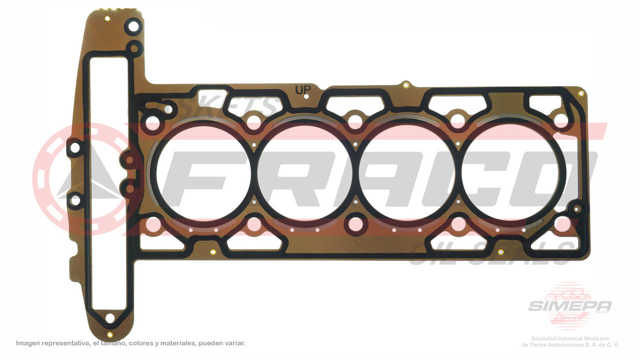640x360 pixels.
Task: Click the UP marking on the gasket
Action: (302, 90)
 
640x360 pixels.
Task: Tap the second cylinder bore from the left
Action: (305, 172)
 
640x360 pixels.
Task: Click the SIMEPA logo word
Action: (569, 306)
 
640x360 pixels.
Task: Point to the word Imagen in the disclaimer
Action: (28, 343)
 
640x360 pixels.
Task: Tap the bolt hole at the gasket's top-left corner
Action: (133, 26)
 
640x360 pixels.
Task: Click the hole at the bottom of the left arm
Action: (109, 318)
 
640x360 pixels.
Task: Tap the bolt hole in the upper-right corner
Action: (561, 120)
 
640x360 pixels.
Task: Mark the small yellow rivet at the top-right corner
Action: (580, 93)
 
